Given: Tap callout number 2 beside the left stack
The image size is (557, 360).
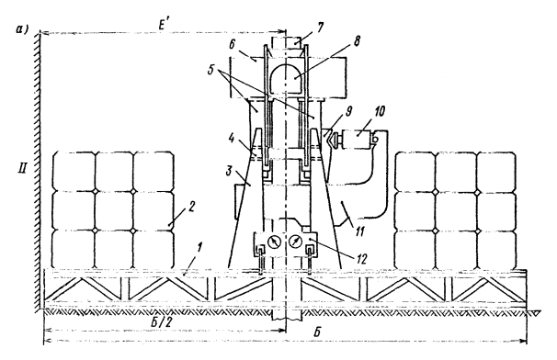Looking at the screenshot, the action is pyautogui.click(x=191, y=207).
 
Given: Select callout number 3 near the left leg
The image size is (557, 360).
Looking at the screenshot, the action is pyautogui.click(x=229, y=171).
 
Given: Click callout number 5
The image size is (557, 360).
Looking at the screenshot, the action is pyautogui.click(x=211, y=71).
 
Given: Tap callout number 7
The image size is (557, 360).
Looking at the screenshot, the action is pyautogui.click(x=320, y=28).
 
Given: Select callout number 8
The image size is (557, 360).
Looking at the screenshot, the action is pyautogui.click(x=357, y=40).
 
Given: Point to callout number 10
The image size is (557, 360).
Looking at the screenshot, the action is pyautogui.click(x=379, y=111).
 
